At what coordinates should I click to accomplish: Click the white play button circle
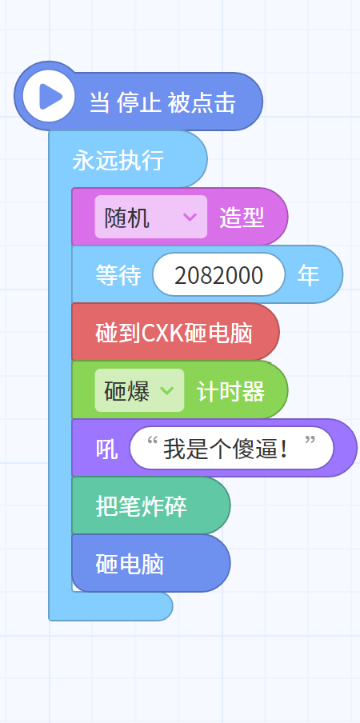coord(48,96)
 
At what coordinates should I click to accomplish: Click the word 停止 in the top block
coord(138,102)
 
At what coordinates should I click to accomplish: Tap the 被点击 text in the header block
coord(202,102)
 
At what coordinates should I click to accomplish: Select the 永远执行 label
coord(118,161)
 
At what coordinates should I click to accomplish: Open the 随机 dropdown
coord(150,217)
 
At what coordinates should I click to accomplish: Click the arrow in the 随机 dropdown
coord(190,217)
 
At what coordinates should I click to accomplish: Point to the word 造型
coord(242,218)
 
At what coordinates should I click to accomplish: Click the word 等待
coord(118,275)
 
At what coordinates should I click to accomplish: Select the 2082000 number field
coord(219,275)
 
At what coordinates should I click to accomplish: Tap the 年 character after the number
coord(308,275)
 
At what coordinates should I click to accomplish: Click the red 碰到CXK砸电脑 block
coord(176,332)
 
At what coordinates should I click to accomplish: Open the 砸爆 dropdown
coord(139,390)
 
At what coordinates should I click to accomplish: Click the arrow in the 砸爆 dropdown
coord(166,390)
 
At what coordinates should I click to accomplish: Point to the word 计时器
coord(230,392)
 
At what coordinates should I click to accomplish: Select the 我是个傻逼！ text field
coord(231,448)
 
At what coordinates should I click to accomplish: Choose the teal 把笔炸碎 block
coord(151,505)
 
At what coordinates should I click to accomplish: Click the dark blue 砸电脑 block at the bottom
coord(151,563)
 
